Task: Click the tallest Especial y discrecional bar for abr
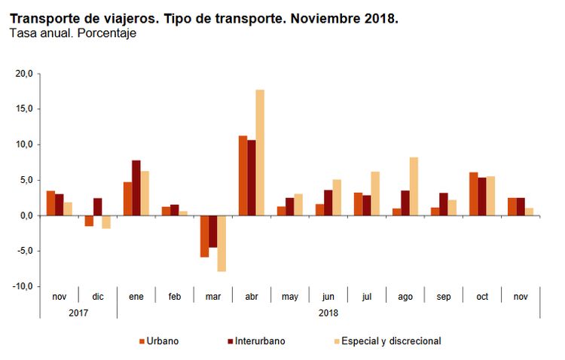coord(260,152)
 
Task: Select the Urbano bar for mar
coord(204,236)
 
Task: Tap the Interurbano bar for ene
coord(136,188)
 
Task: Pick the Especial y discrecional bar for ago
coord(414,186)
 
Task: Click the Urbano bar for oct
coord(473,194)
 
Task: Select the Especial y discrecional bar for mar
coord(221,243)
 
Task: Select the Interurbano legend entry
coord(256,341)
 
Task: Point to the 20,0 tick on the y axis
coord(24,74)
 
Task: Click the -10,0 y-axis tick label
coord(23,286)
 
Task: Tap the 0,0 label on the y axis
coord(26,215)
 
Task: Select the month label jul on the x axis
coord(367,297)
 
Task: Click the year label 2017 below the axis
coord(78,313)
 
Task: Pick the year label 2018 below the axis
coord(328,313)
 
